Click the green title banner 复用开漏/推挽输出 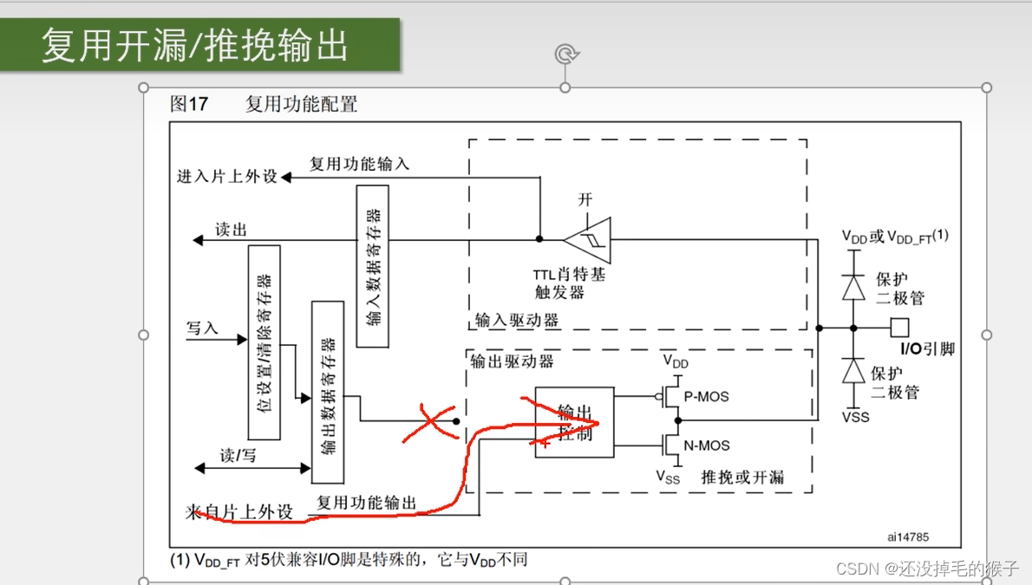coord(199,44)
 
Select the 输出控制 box coord(574,422)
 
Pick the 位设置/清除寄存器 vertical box coord(265,341)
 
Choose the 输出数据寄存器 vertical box coord(328,392)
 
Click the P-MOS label coord(708,397)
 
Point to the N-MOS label coord(708,446)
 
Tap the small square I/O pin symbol coord(900,327)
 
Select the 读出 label coord(232,231)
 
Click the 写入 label coord(203,328)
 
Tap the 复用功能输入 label coord(359,164)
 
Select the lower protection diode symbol coord(854,372)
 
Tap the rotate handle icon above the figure coord(565,55)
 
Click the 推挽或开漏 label coord(742,477)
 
